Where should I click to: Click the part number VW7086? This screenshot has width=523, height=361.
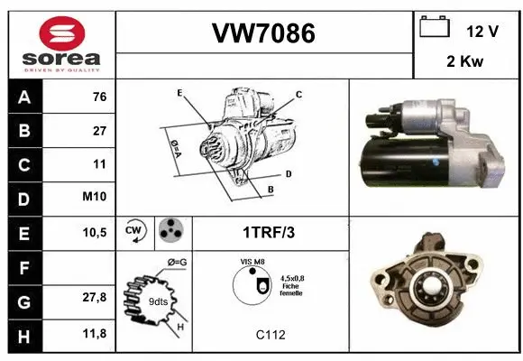point(262,33)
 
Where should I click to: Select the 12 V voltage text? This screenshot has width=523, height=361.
point(483,31)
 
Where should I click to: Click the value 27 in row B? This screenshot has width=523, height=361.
point(99,132)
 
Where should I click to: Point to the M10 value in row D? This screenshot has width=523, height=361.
point(96,198)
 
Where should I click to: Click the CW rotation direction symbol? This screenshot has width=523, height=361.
point(133,231)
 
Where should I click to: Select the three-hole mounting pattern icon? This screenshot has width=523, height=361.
point(169,231)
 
